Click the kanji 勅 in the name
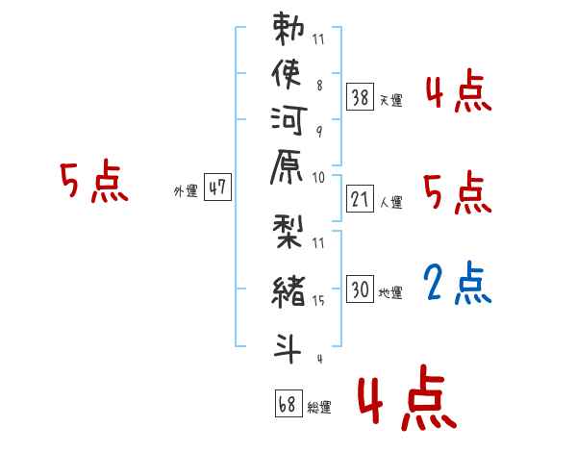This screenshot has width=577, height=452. coord(288,29)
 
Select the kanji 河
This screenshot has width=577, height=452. coord(288,120)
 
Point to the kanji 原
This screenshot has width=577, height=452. coord(287,166)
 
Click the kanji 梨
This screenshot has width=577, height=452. coord(288,232)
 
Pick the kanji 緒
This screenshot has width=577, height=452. coord(288,291)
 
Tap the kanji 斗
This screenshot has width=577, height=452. coord(288,347)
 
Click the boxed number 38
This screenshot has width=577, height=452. coord(360,97)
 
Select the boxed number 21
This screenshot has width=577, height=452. coord(360,199)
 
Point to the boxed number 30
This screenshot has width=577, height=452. coord(360,289)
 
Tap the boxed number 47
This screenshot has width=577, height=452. coord(217,187)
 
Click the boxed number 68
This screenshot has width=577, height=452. coord(288,403)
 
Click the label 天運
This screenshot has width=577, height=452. coord(390,100)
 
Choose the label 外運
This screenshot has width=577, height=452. coord(186,191)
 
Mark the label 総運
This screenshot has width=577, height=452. coord(319,407)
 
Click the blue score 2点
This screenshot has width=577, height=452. coord(458,283)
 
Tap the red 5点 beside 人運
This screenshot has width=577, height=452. coord(458,192)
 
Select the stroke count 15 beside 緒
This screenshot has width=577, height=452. coord(318,301)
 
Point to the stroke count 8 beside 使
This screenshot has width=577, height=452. coord(319,86)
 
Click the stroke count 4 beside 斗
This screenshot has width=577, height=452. coord(320,359)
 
